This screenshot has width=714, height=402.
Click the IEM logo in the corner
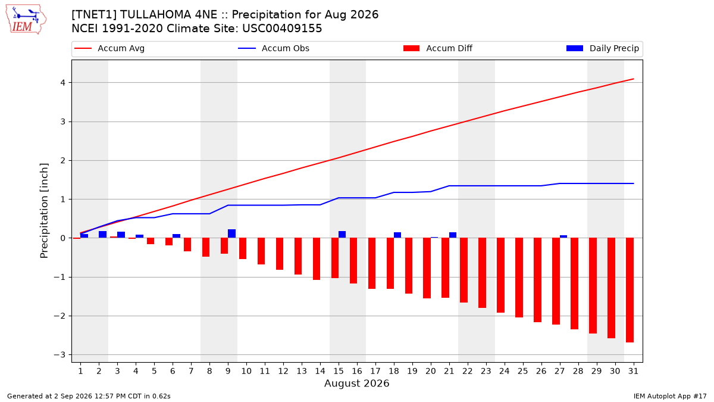point(26,20)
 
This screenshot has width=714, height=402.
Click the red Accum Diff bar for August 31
point(630,290)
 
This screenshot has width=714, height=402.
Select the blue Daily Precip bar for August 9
point(231,233)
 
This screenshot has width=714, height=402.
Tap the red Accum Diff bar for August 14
point(317,258)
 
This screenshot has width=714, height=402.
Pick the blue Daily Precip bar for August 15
point(342,235)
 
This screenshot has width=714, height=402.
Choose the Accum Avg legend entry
point(109,48)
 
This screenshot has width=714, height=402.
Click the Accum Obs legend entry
point(274,48)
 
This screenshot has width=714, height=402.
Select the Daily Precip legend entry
point(602,48)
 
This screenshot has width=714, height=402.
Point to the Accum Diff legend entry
point(438,48)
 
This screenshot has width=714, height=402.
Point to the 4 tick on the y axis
point(62,83)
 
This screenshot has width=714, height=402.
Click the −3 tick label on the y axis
point(59,355)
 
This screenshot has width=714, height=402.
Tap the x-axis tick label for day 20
point(431,372)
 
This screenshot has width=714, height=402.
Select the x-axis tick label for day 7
point(191,372)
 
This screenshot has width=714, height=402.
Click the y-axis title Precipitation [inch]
point(44,211)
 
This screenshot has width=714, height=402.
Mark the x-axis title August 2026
point(356,383)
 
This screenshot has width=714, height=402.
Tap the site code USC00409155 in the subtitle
point(282,29)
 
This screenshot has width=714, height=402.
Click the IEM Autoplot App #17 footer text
point(670,396)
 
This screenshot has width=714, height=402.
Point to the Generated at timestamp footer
point(89,396)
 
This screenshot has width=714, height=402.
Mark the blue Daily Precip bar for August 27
point(563,236)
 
